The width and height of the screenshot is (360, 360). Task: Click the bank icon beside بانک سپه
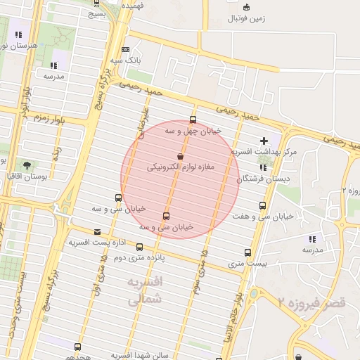pyautogui.click(x=125, y=50)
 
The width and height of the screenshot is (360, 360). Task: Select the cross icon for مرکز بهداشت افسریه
pyautogui.click(x=264, y=141)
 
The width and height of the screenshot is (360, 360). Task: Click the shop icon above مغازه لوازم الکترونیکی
pyautogui.click(x=181, y=156)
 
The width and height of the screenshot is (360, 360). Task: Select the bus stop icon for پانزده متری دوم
pyautogui.click(x=139, y=247)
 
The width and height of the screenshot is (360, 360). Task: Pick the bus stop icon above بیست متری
pyautogui.click(x=247, y=252)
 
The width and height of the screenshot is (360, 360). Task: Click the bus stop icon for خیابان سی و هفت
pyautogui.click(x=262, y=205)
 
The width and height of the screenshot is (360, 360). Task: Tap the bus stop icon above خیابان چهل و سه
pyautogui.click(x=193, y=120)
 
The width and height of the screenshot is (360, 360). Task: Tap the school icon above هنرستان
pyautogui.click(x=18, y=34)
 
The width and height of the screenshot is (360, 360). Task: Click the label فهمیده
pyautogui.click(x=132, y=4)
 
